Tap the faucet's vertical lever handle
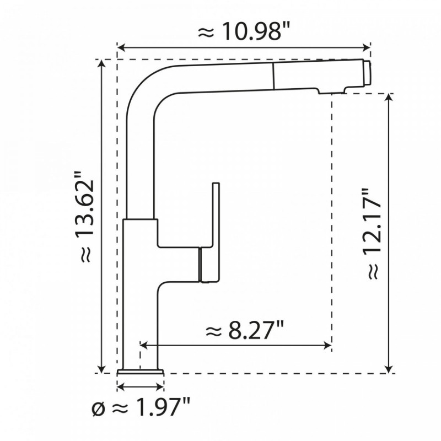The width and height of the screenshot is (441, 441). click(x=214, y=215)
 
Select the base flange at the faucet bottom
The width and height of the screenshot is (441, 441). click(x=141, y=370)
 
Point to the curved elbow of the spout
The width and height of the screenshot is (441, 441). click(x=144, y=91)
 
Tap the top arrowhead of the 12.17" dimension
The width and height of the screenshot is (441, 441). click(x=390, y=98)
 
